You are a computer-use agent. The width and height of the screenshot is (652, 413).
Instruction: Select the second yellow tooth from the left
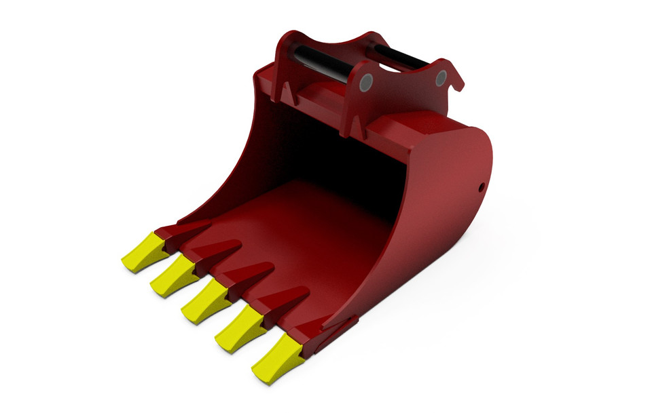(x=173, y=275)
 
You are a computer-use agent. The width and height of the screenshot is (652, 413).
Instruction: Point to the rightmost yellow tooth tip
(x=277, y=358)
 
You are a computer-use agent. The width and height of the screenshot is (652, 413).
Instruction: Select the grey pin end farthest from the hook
(x=366, y=82)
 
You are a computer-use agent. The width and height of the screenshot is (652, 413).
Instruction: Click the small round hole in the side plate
(x=481, y=185)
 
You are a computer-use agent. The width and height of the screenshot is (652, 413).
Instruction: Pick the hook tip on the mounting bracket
(x=460, y=85)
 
